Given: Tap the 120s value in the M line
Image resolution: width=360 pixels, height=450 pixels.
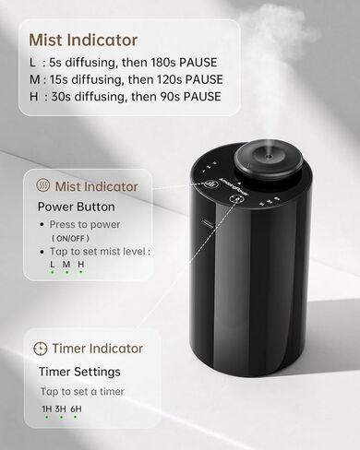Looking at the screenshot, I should (x=166, y=80).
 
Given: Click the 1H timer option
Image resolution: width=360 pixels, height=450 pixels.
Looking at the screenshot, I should (x=46, y=409).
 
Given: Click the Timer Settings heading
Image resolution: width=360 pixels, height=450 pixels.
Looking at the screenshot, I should (x=78, y=373).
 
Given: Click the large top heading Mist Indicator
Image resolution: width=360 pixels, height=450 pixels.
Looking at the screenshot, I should (x=83, y=40).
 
